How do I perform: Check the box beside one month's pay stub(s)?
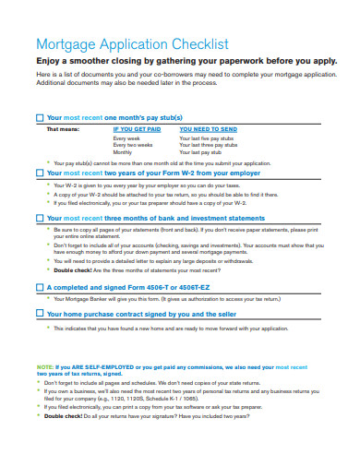[39, 119]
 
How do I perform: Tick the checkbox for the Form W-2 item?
[39, 173]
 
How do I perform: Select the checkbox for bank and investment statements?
[39, 219]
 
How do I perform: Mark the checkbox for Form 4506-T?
[39, 287]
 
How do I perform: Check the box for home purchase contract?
[39, 313]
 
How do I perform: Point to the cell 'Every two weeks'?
[133, 145]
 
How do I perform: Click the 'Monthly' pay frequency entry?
[126, 152]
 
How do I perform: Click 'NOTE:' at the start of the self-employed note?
[44, 367]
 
